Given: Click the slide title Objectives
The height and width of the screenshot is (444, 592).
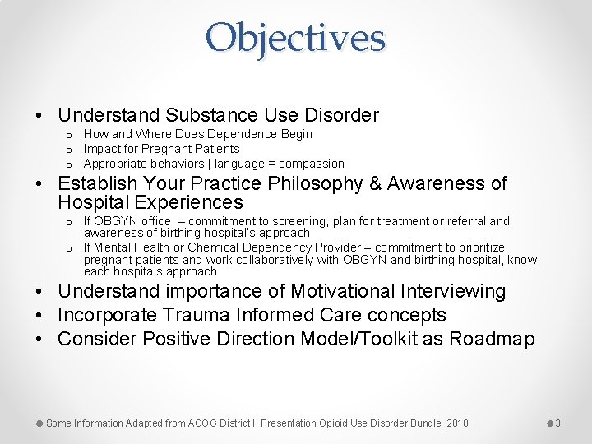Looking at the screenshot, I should point(295,38).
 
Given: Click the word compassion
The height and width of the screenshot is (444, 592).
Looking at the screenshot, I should point(312,164).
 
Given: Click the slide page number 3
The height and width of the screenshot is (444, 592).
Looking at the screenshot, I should point(557,423).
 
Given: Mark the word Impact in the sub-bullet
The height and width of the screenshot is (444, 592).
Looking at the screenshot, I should point(103,149).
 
